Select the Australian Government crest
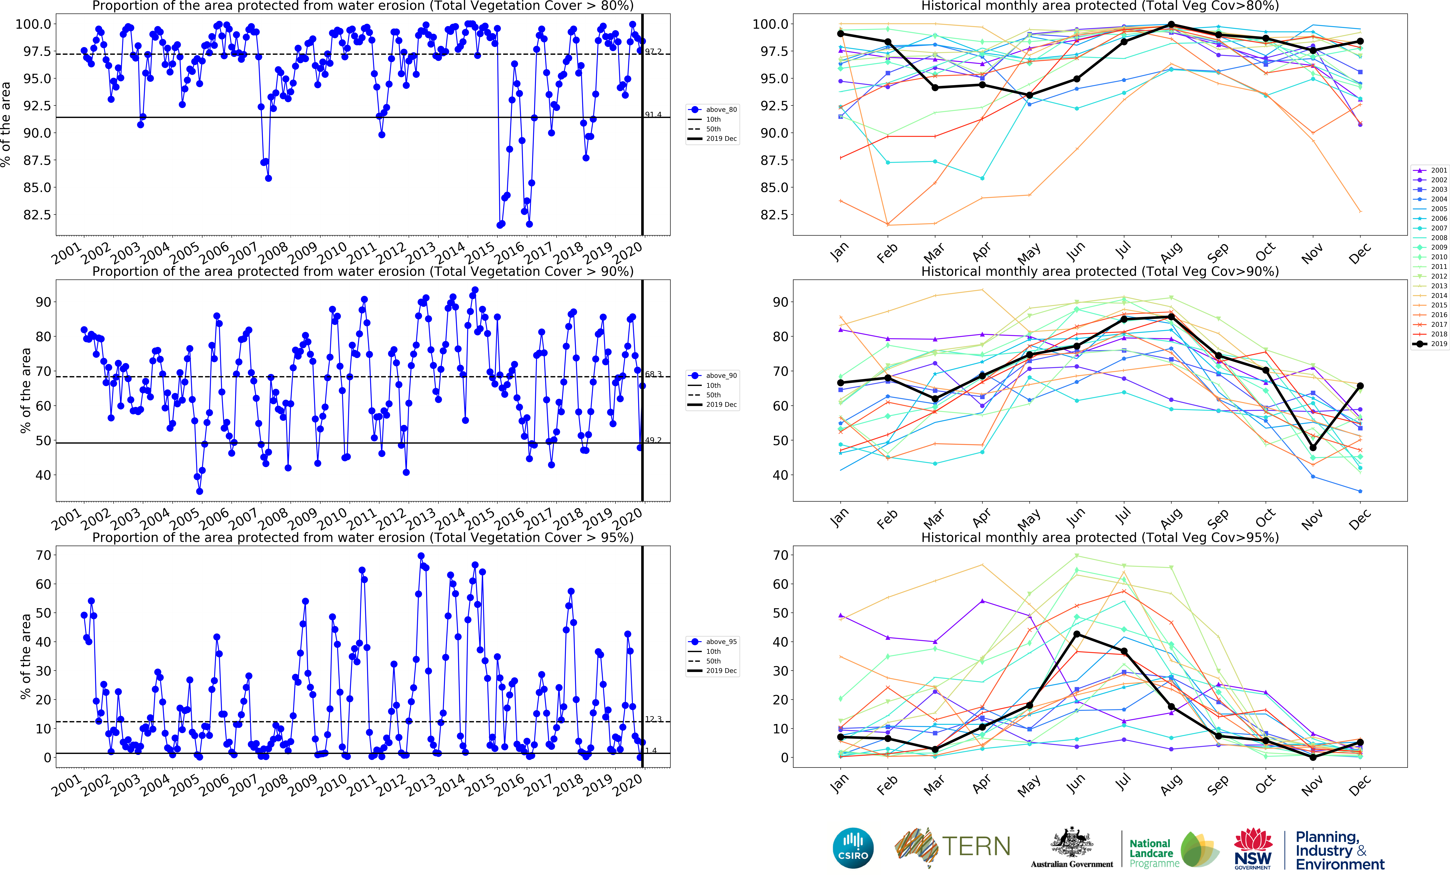1072,842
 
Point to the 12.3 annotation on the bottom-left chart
653,719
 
